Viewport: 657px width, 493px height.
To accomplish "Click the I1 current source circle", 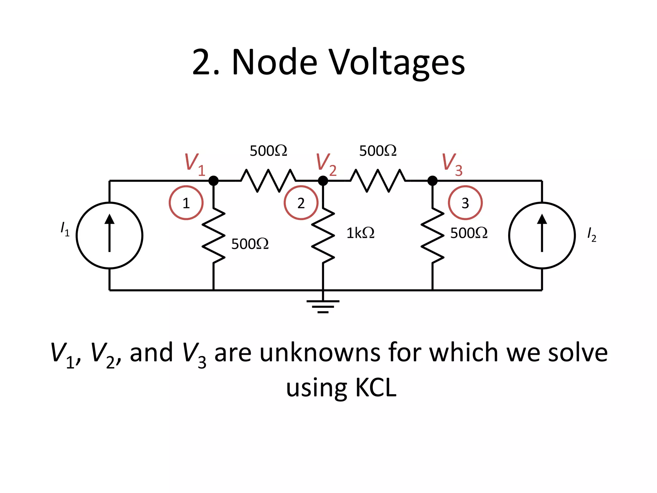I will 109,235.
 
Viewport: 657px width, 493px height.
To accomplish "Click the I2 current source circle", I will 542,235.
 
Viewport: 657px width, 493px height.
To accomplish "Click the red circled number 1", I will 186,203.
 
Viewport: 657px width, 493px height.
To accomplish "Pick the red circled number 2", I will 301,203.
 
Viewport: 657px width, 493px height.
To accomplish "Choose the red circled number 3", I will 465,203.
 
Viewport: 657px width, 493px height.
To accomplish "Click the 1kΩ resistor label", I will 360,233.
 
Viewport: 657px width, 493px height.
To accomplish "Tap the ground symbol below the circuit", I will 323,306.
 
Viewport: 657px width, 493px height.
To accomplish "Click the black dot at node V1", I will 213,181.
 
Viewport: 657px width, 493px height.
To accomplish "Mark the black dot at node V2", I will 323,181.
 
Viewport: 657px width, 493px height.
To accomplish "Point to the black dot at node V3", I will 432,181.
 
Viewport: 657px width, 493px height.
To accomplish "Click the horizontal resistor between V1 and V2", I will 268,181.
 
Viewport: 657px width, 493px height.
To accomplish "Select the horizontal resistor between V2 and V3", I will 378,181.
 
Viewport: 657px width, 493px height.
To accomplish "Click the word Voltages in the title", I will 397,63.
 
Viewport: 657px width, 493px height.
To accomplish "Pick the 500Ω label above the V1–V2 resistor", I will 268,151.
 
